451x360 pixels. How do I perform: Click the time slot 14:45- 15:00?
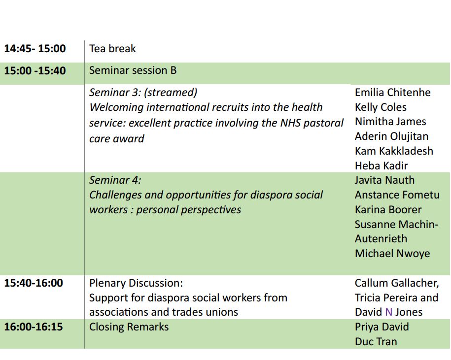click(35, 48)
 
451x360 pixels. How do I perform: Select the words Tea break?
click(112, 49)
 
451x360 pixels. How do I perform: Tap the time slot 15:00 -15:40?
click(35, 70)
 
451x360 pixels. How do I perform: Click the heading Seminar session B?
click(133, 70)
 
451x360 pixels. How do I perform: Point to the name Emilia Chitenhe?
click(393, 93)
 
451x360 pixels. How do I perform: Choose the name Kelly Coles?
click(381, 107)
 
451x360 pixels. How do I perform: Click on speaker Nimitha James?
click(390, 122)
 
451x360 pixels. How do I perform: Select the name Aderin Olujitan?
click(391, 136)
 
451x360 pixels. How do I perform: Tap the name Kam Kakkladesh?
click(394, 151)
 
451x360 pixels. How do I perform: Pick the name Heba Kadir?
click(381, 166)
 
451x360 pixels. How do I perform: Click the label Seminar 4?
click(115, 180)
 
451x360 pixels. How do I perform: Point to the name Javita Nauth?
click(384, 180)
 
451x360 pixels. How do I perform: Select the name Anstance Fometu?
click(397, 195)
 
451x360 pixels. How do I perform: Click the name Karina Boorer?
click(388, 210)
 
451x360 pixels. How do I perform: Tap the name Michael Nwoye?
click(392, 254)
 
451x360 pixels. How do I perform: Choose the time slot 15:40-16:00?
click(34, 283)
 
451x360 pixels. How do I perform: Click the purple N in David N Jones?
click(388, 312)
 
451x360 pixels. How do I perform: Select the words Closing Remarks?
click(129, 327)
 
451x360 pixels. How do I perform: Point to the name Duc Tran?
click(376, 342)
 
